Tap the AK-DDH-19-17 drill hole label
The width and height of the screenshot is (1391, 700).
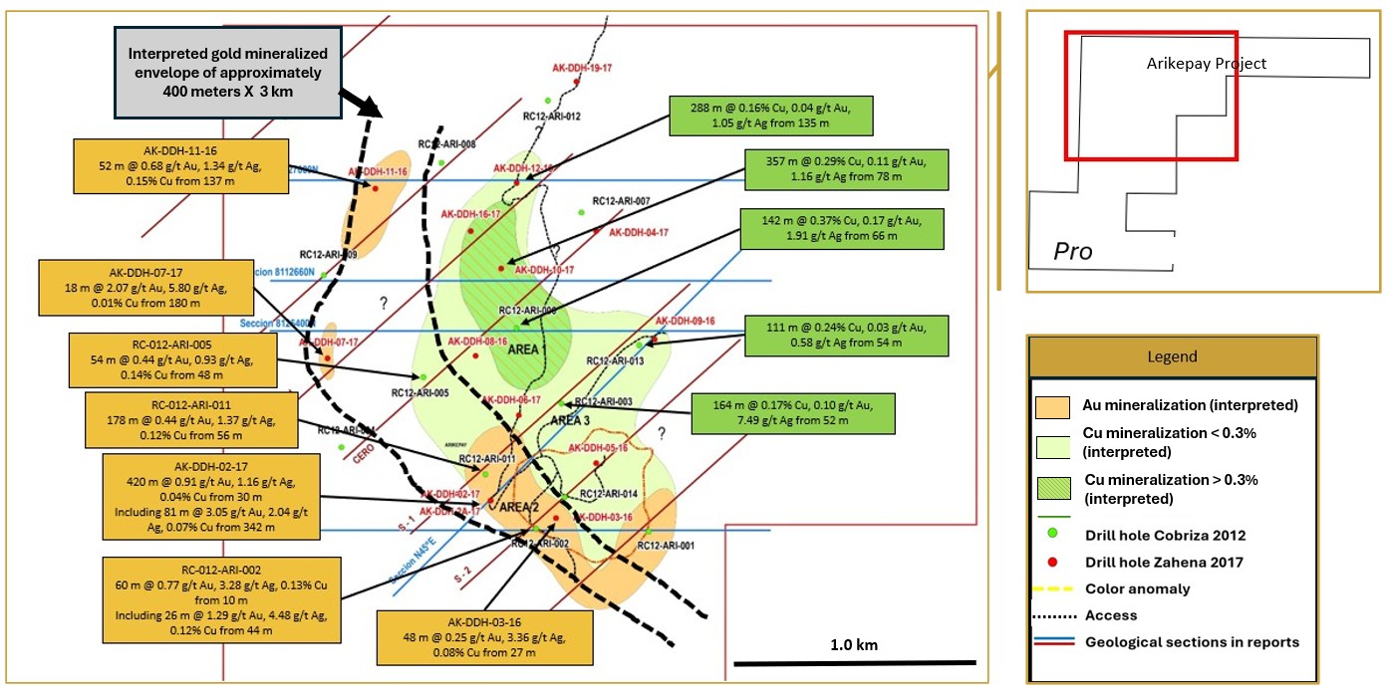click(x=581, y=68)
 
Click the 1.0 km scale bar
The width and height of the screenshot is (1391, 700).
click(x=855, y=662)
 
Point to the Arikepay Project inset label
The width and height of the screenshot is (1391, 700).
click(x=1206, y=64)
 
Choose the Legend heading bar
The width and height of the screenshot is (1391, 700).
click(x=1172, y=356)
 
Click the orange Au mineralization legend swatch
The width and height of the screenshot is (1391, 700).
click(x=1052, y=407)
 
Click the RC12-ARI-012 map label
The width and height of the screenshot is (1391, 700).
click(x=552, y=117)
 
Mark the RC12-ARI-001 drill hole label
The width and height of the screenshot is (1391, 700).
click(x=666, y=546)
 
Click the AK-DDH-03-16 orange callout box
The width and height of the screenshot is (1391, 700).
click(x=484, y=637)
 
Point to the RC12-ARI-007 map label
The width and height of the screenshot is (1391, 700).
click(x=621, y=200)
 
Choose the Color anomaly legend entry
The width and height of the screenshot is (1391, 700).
click(x=1137, y=588)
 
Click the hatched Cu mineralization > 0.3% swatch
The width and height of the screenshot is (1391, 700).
click(x=1052, y=489)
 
